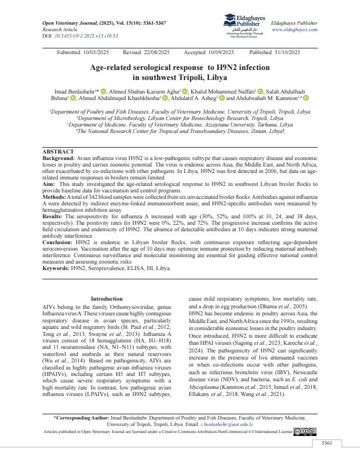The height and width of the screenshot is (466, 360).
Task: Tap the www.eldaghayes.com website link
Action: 294,29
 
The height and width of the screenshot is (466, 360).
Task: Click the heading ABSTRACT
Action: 59,152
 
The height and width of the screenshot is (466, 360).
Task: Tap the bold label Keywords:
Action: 57,268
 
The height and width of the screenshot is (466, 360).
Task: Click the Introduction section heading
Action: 106,299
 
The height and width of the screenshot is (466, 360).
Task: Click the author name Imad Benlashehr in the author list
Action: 74,92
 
